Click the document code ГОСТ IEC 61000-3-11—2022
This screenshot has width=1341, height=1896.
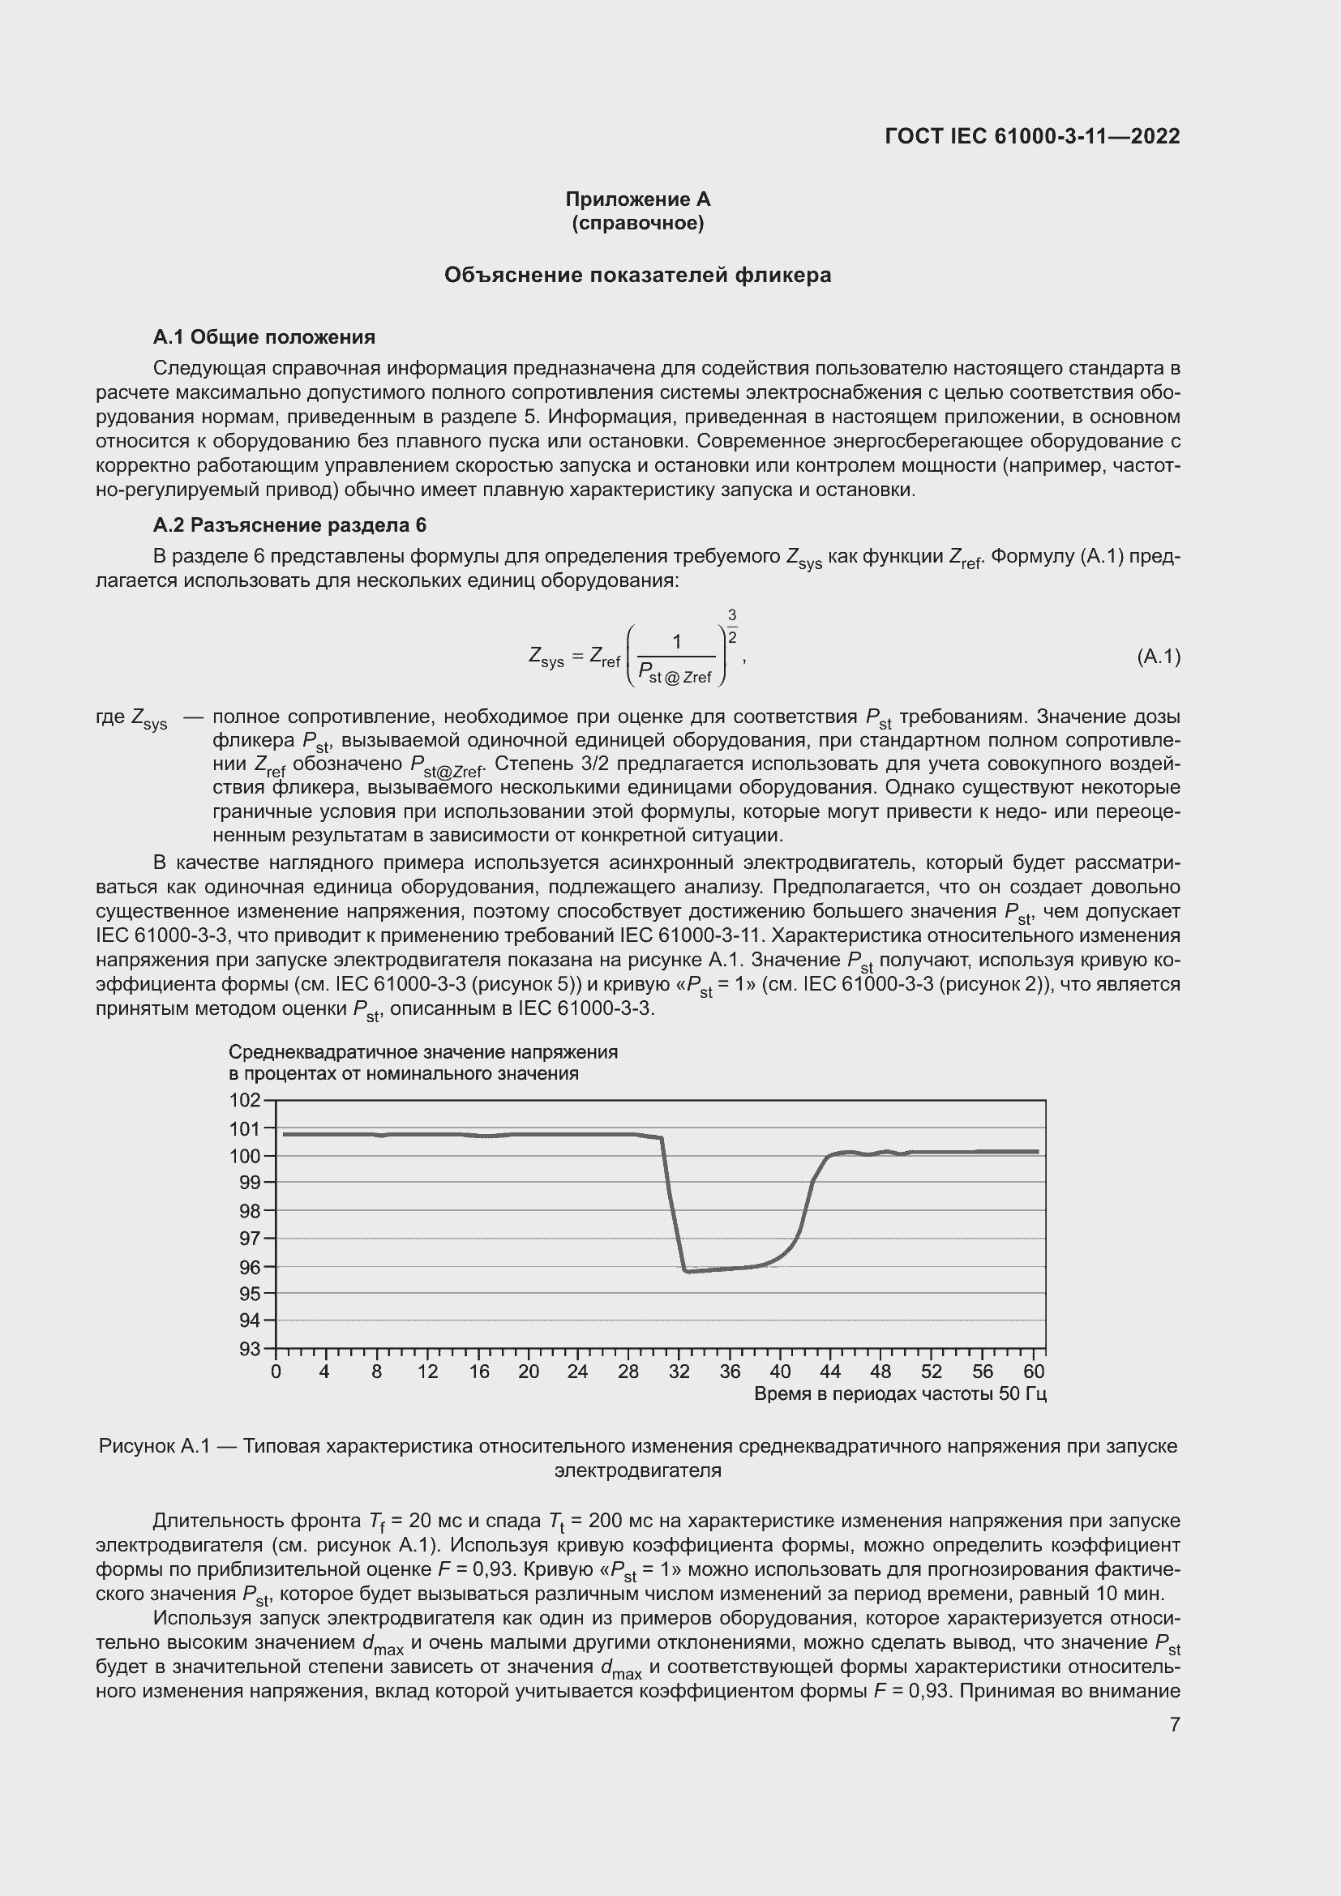click(x=1032, y=136)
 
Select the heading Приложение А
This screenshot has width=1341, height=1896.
click(x=637, y=199)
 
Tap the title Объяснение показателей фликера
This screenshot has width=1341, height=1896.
click(x=637, y=275)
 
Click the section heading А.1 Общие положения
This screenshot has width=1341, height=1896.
click(x=263, y=337)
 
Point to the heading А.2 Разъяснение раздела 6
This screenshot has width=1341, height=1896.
click(x=289, y=525)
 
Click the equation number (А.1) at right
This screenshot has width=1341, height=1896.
click(x=1159, y=657)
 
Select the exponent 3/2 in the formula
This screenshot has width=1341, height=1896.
click(x=731, y=626)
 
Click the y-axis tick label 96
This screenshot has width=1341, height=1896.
click(x=249, y=1267)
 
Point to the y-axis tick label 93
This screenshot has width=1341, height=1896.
click(x=249, y=1350)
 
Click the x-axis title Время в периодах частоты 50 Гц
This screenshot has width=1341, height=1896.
click(x=900, y=1394)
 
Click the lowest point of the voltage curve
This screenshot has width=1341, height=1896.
click(x=687, y=1271)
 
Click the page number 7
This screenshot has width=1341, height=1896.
click(x=1175, y=1724)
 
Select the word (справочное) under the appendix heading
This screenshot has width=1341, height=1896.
click(x=637, y=224)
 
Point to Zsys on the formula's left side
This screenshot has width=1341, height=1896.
click(x=546, y=657)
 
